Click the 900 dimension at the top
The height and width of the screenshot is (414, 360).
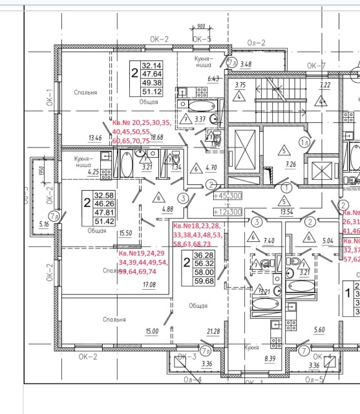201,27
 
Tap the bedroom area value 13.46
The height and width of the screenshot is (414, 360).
95,137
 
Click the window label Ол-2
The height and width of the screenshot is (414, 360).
257,43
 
